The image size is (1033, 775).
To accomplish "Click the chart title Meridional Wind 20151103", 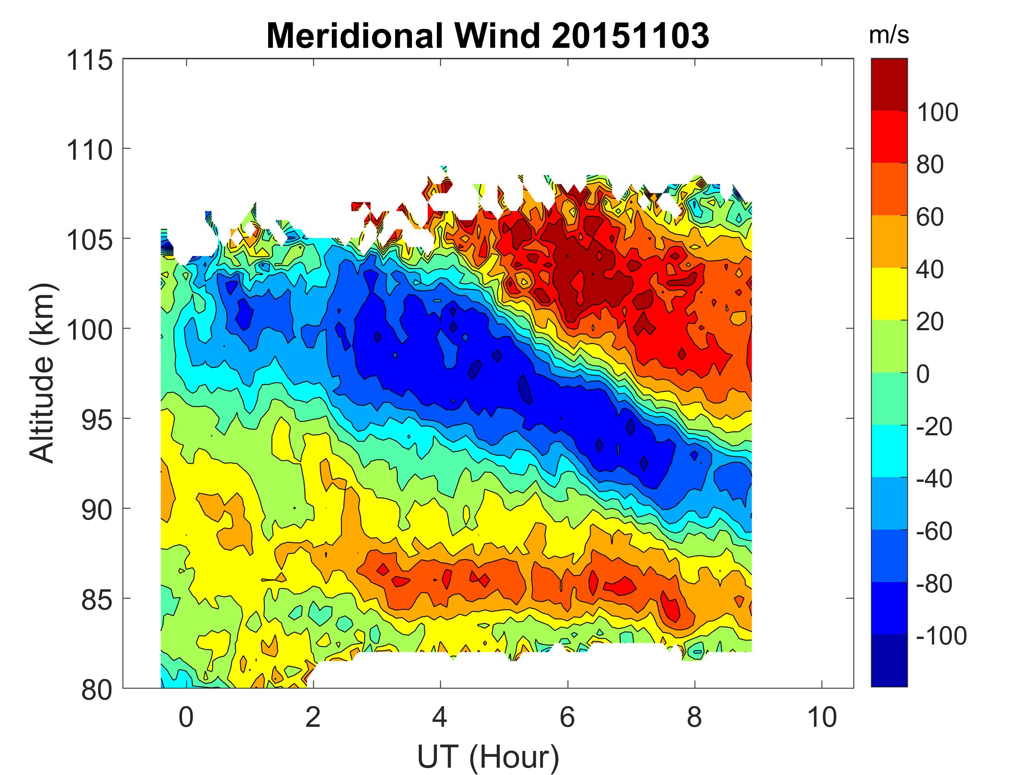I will [488, 36].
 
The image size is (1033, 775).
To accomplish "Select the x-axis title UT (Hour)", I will [488, 756].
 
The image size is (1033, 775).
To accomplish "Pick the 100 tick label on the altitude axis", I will [90, 330].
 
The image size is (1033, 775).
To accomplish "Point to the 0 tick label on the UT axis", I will [186, 716].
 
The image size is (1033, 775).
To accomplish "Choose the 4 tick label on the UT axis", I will [440, 716].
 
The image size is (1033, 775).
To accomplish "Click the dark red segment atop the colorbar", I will [889, 84].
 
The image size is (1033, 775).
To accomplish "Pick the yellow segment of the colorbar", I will [889, 294].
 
